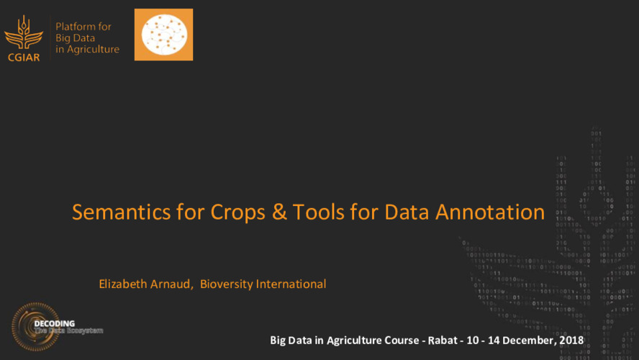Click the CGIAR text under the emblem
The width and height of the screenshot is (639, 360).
pos(23,57)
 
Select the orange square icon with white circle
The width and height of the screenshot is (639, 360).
pos(163,35)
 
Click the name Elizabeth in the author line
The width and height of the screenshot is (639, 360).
pos(124,284)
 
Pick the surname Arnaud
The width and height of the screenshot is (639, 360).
pos(173,284)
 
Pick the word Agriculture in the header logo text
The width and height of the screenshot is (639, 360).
pos(94,50)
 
